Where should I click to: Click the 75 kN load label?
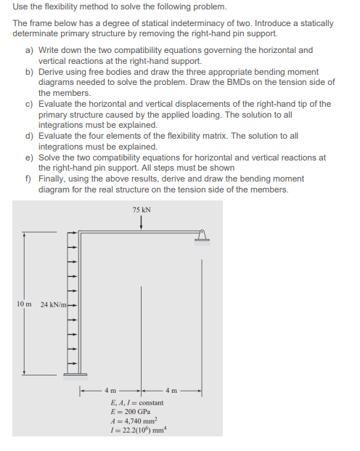142,209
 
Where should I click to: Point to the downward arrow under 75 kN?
142,222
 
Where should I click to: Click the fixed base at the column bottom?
74,375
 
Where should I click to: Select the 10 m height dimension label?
22,303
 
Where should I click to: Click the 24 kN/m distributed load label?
54,303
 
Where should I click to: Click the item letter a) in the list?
30,50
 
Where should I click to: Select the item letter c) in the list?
30,104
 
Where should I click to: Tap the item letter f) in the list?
30,179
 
